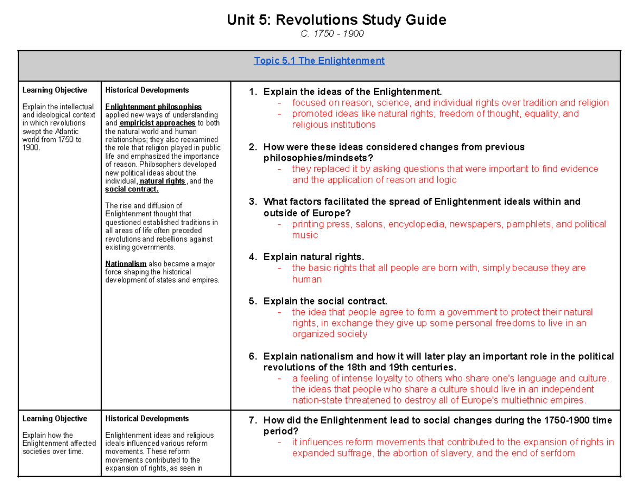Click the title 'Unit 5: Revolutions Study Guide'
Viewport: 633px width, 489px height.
pyautogui.click(x=336, y=21)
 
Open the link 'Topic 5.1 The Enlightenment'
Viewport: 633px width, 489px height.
pyautogui.click(x=319, y=61)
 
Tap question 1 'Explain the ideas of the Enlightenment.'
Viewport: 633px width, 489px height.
pyautogui.click(x=352, y=92)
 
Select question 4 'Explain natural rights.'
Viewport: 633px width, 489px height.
pyautogui.click(x=313, y=257)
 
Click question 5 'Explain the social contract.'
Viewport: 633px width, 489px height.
pyautogui.click(x=325, y=301)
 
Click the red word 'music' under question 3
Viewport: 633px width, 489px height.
pyautogui.click(x=305, y=235)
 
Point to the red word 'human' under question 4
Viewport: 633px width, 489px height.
pyautogui.click(x=306, y=279)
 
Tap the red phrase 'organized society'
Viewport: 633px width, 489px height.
pyautogui.click(x=330, y=334)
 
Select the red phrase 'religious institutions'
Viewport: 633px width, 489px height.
pyautogui.click(x=334, y=124)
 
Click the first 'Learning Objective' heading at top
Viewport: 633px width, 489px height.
pyautogui.click(x=55, y=90)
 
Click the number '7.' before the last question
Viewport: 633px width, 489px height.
pyautogui.click(x=252, y=420)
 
